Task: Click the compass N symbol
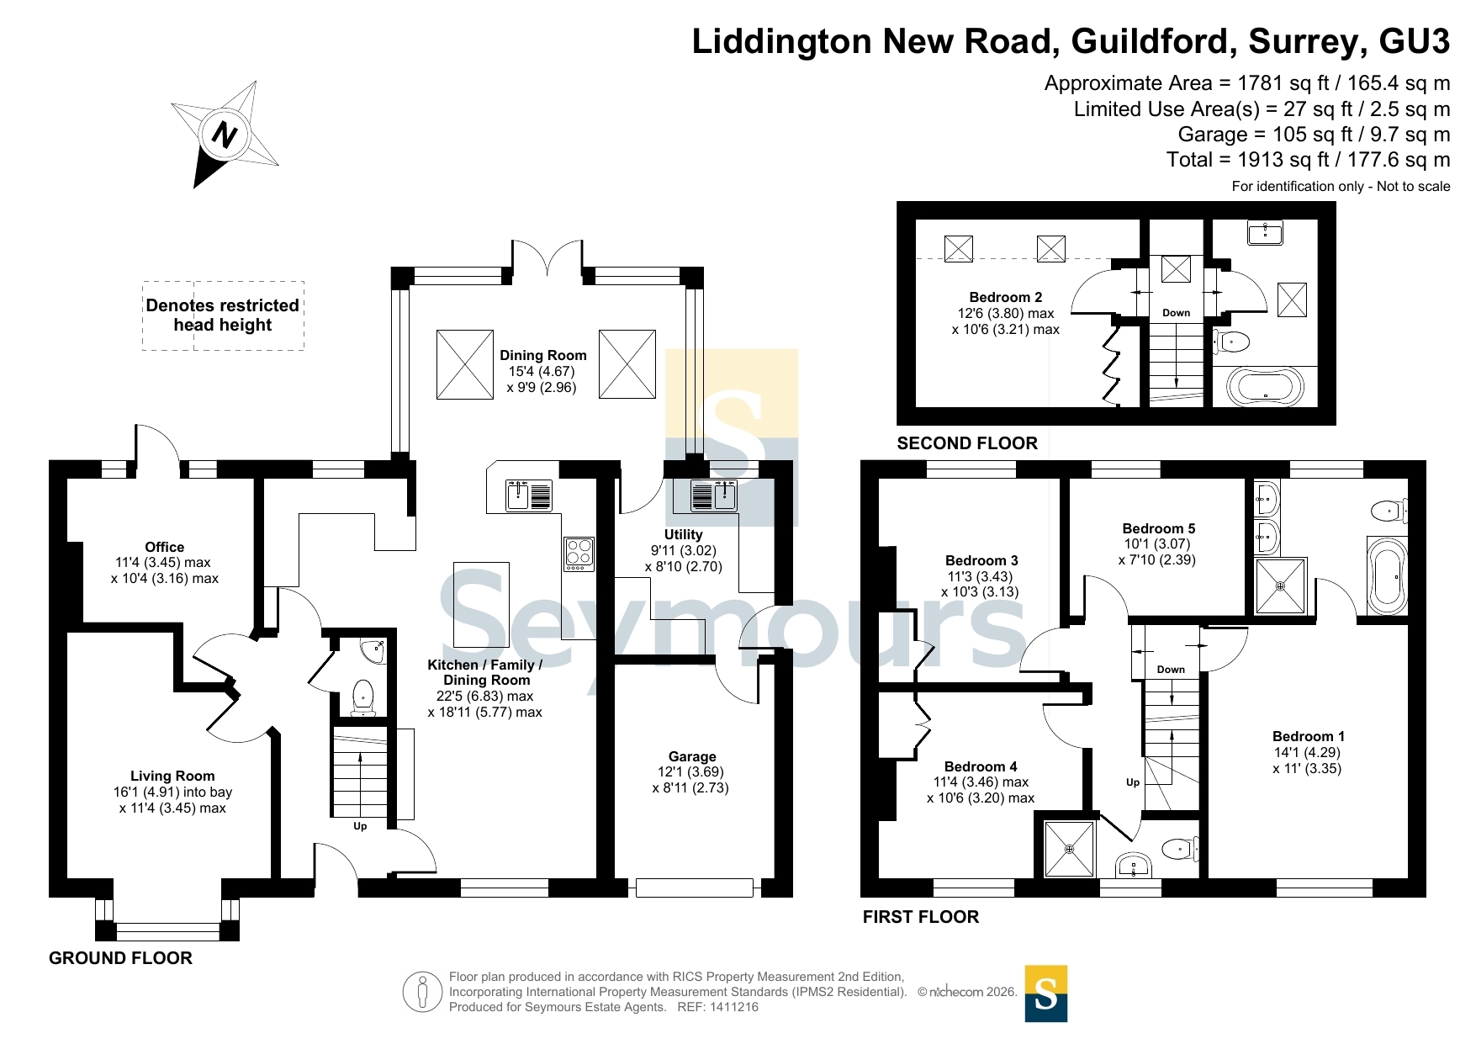click(225, 135)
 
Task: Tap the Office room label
click(165, 547)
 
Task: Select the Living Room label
click(172, 776)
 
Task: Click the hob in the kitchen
click(579, 554)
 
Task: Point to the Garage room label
click(692, 756)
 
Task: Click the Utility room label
click(683, 534)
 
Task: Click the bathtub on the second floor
click(1265, 388)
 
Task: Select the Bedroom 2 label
click(1006, 297)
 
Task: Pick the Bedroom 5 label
click(1159, 528)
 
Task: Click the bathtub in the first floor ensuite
click(1387, 576)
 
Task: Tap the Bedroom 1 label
click(1309, 736)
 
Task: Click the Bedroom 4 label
click(981, 766)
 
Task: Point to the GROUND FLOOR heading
click(120, 958)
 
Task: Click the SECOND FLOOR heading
click(967, 443)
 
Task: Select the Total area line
click(1309, 160)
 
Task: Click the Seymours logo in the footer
click(1046, 994)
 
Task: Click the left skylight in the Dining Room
click(465, 364)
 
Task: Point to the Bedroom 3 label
click(981, 560)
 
